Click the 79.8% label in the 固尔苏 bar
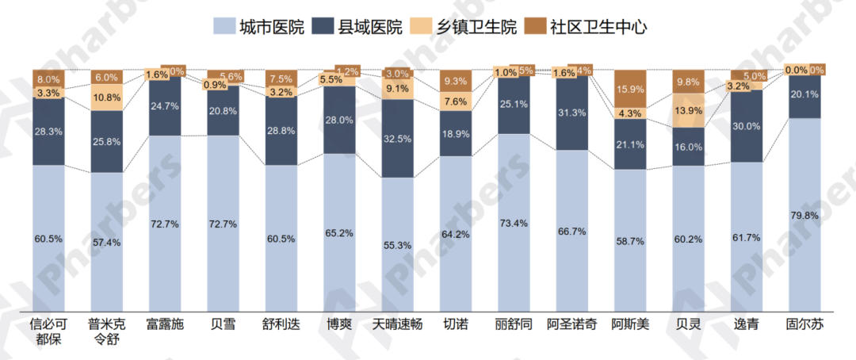pyautogui.click(x=805, y=215)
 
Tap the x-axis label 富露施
pyautogui.click(x=165, y=325)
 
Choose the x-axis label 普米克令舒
pyautogui.click(x=106, y=331)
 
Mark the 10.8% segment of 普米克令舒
pyautogui.click(x=106, y=98)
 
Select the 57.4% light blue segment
pyautogui.click(x=106, y=242)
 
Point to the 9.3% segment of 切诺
pyautogui.click(x=456, y=81)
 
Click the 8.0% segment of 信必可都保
pyautogui.click(x=48, y=79)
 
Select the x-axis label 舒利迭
pyautogui.click(x=281, y=325)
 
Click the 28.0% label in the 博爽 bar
pyautogui.click(x=339, y=120)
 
